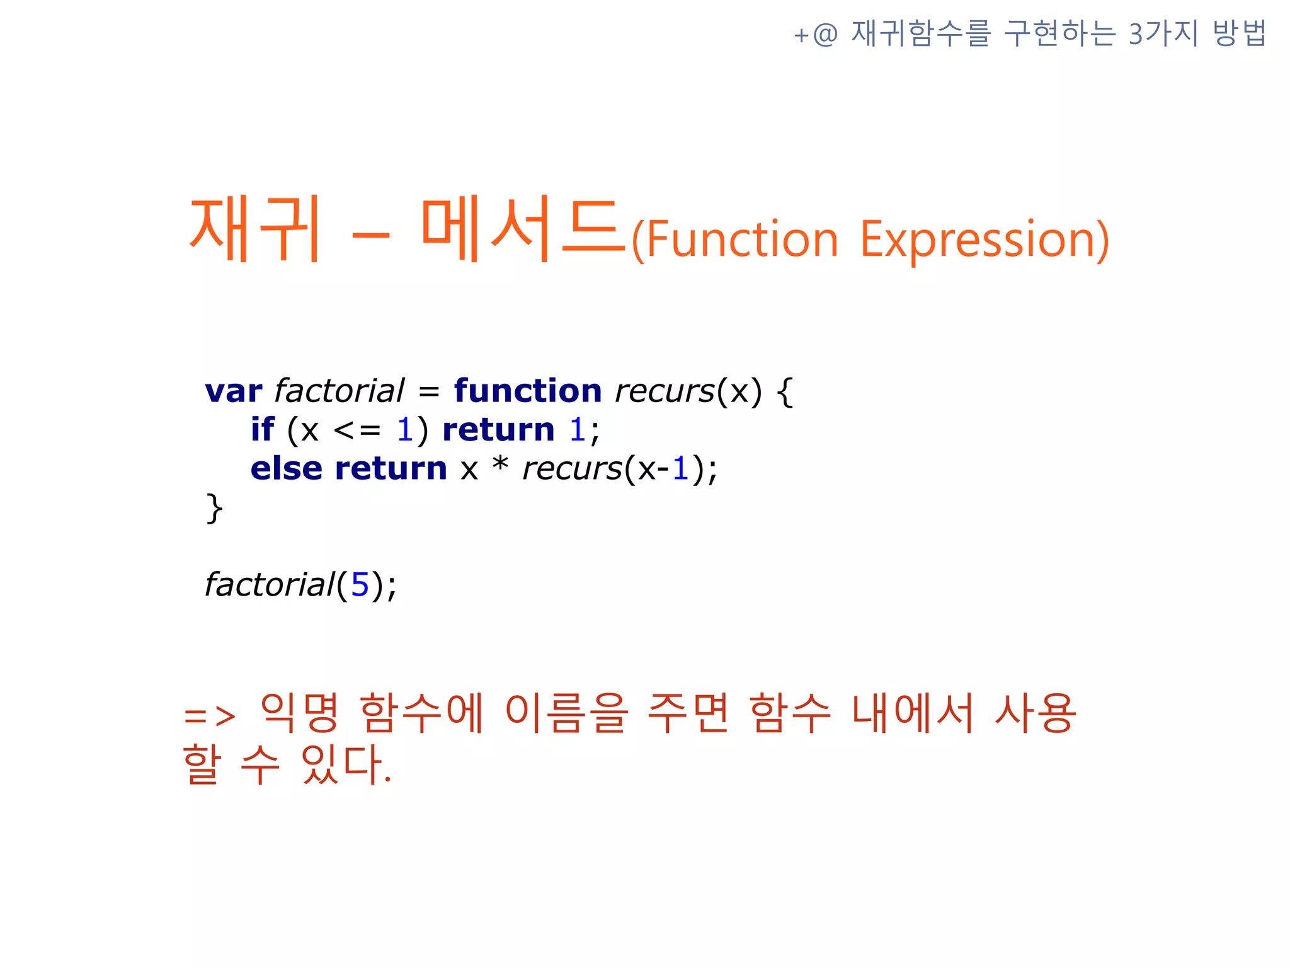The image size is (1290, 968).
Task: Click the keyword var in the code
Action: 233,391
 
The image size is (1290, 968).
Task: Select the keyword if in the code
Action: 262,430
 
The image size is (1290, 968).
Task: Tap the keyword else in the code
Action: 286,469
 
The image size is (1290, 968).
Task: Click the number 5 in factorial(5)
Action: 360,585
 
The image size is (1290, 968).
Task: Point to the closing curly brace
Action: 214,508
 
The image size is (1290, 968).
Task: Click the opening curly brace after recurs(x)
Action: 785,392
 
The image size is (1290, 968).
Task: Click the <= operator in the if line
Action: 357,430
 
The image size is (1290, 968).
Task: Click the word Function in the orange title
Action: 742,239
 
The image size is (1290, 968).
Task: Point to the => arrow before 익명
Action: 210,716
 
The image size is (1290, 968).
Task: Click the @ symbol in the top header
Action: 825,34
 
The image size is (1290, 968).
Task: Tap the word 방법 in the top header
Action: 1239,33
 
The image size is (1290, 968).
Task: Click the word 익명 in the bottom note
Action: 300,713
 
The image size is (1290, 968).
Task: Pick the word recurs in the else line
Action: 572,469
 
